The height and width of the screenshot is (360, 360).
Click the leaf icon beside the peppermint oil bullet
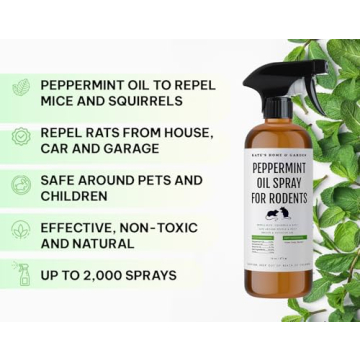pos(21,87)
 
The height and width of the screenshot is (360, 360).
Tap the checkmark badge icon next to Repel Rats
pos(21,137)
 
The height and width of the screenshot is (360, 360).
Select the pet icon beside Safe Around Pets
pos(21,186)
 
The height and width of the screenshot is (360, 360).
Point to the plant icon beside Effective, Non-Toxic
pos(21,231)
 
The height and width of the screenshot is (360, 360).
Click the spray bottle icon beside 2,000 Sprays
pos(21,276)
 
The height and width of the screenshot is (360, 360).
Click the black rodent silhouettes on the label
pos(274,213)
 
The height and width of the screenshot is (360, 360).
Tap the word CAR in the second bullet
pos(56,148)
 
